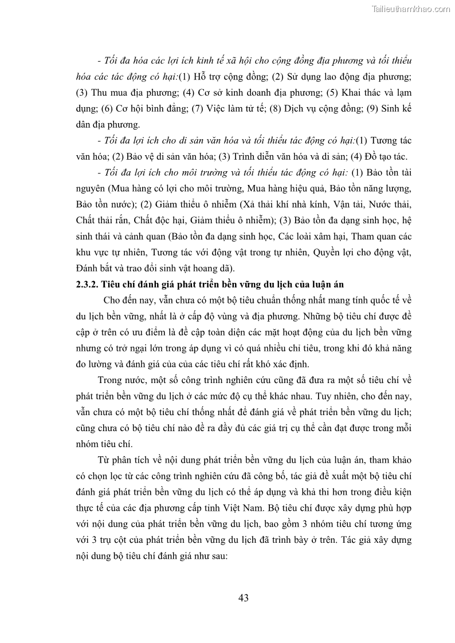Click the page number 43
243,598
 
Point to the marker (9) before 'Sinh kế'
374,109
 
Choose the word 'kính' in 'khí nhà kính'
306,204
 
